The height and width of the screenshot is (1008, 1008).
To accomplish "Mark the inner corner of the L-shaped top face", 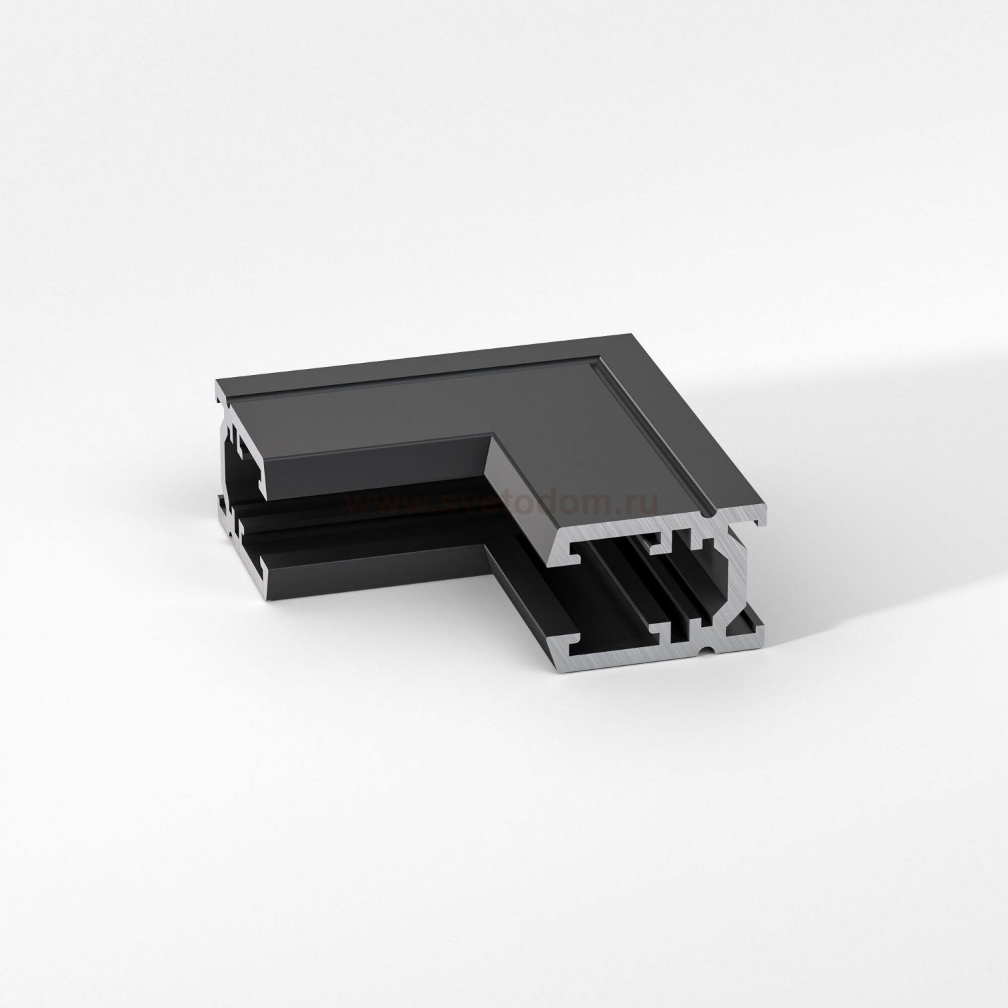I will [489, 435].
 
